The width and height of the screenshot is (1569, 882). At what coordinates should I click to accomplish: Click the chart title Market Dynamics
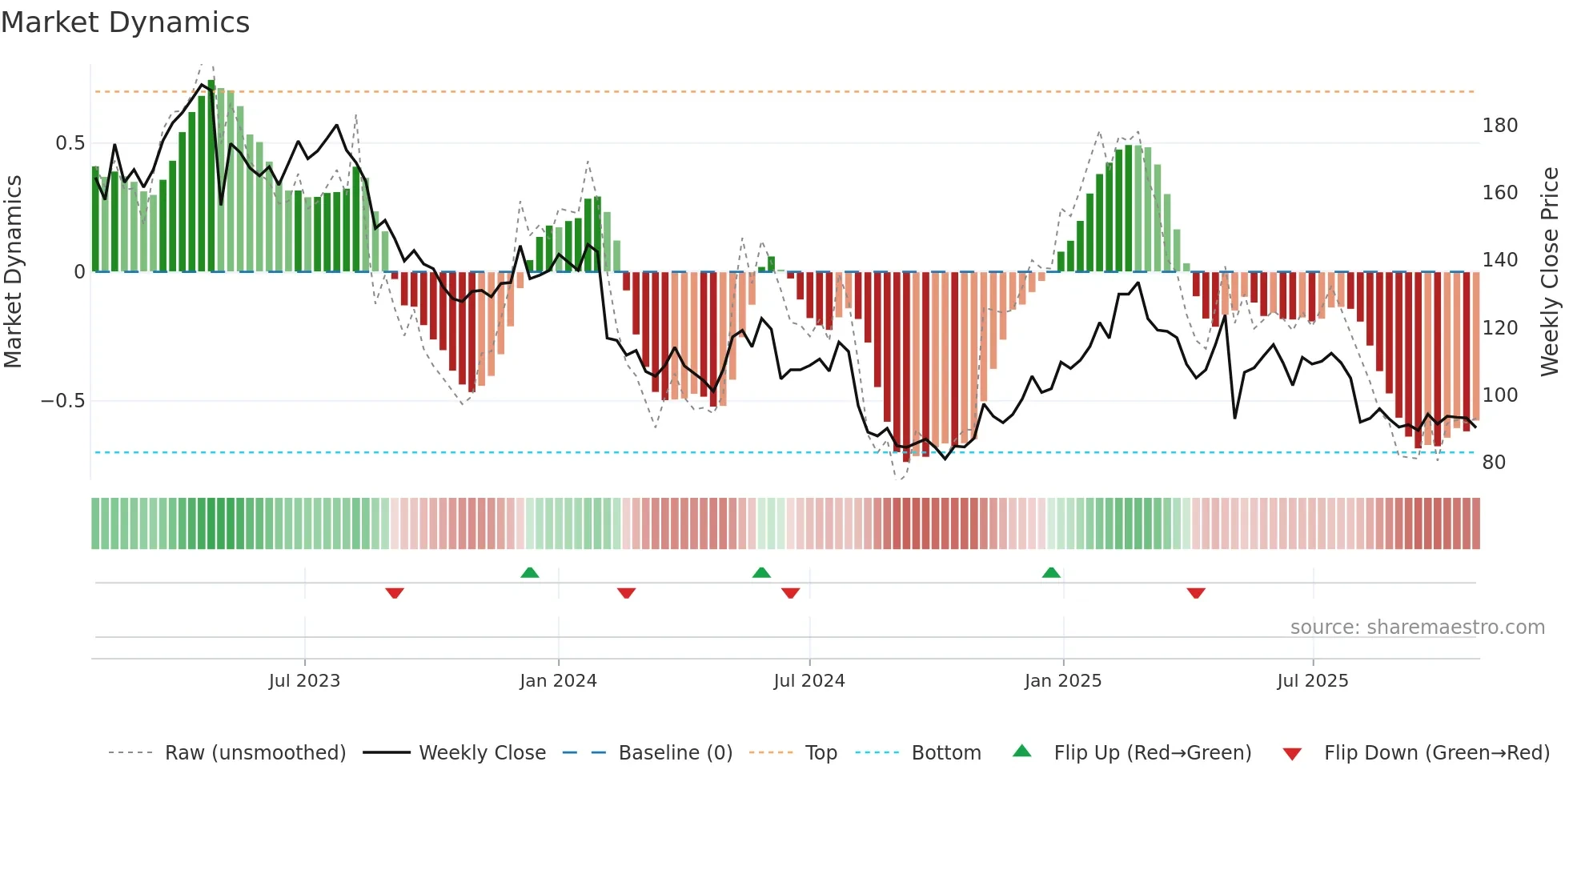(125, 22)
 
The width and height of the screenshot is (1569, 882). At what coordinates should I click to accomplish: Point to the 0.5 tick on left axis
(70, 143)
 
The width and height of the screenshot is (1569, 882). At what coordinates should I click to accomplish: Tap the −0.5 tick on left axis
(63, 400)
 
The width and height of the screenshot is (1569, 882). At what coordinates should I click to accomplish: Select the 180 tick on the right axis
(1499, 126)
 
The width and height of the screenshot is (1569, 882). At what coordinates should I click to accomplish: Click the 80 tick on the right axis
(1494, 463)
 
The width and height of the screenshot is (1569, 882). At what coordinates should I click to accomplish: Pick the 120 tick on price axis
(1499, 328)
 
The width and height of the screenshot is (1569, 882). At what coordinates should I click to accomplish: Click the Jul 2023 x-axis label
(304, 681)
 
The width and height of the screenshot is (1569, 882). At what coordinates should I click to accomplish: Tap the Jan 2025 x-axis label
(1062, 681)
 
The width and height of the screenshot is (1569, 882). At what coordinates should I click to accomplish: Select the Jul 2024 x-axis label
(809, 681)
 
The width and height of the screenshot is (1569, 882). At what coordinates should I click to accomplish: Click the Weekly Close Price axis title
(1550, 272)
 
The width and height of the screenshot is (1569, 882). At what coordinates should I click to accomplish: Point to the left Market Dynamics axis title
(13, 272)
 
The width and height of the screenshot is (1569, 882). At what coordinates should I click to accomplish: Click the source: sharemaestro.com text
(1417, 627)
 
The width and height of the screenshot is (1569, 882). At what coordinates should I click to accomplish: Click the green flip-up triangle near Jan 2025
(1051, 573)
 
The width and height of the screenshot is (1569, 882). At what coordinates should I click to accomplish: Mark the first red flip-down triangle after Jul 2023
(395, 593)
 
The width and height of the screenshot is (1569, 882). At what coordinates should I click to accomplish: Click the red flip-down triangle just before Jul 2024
(790, 593)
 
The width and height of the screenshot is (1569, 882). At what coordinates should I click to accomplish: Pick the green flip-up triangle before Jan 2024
(529, 573)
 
